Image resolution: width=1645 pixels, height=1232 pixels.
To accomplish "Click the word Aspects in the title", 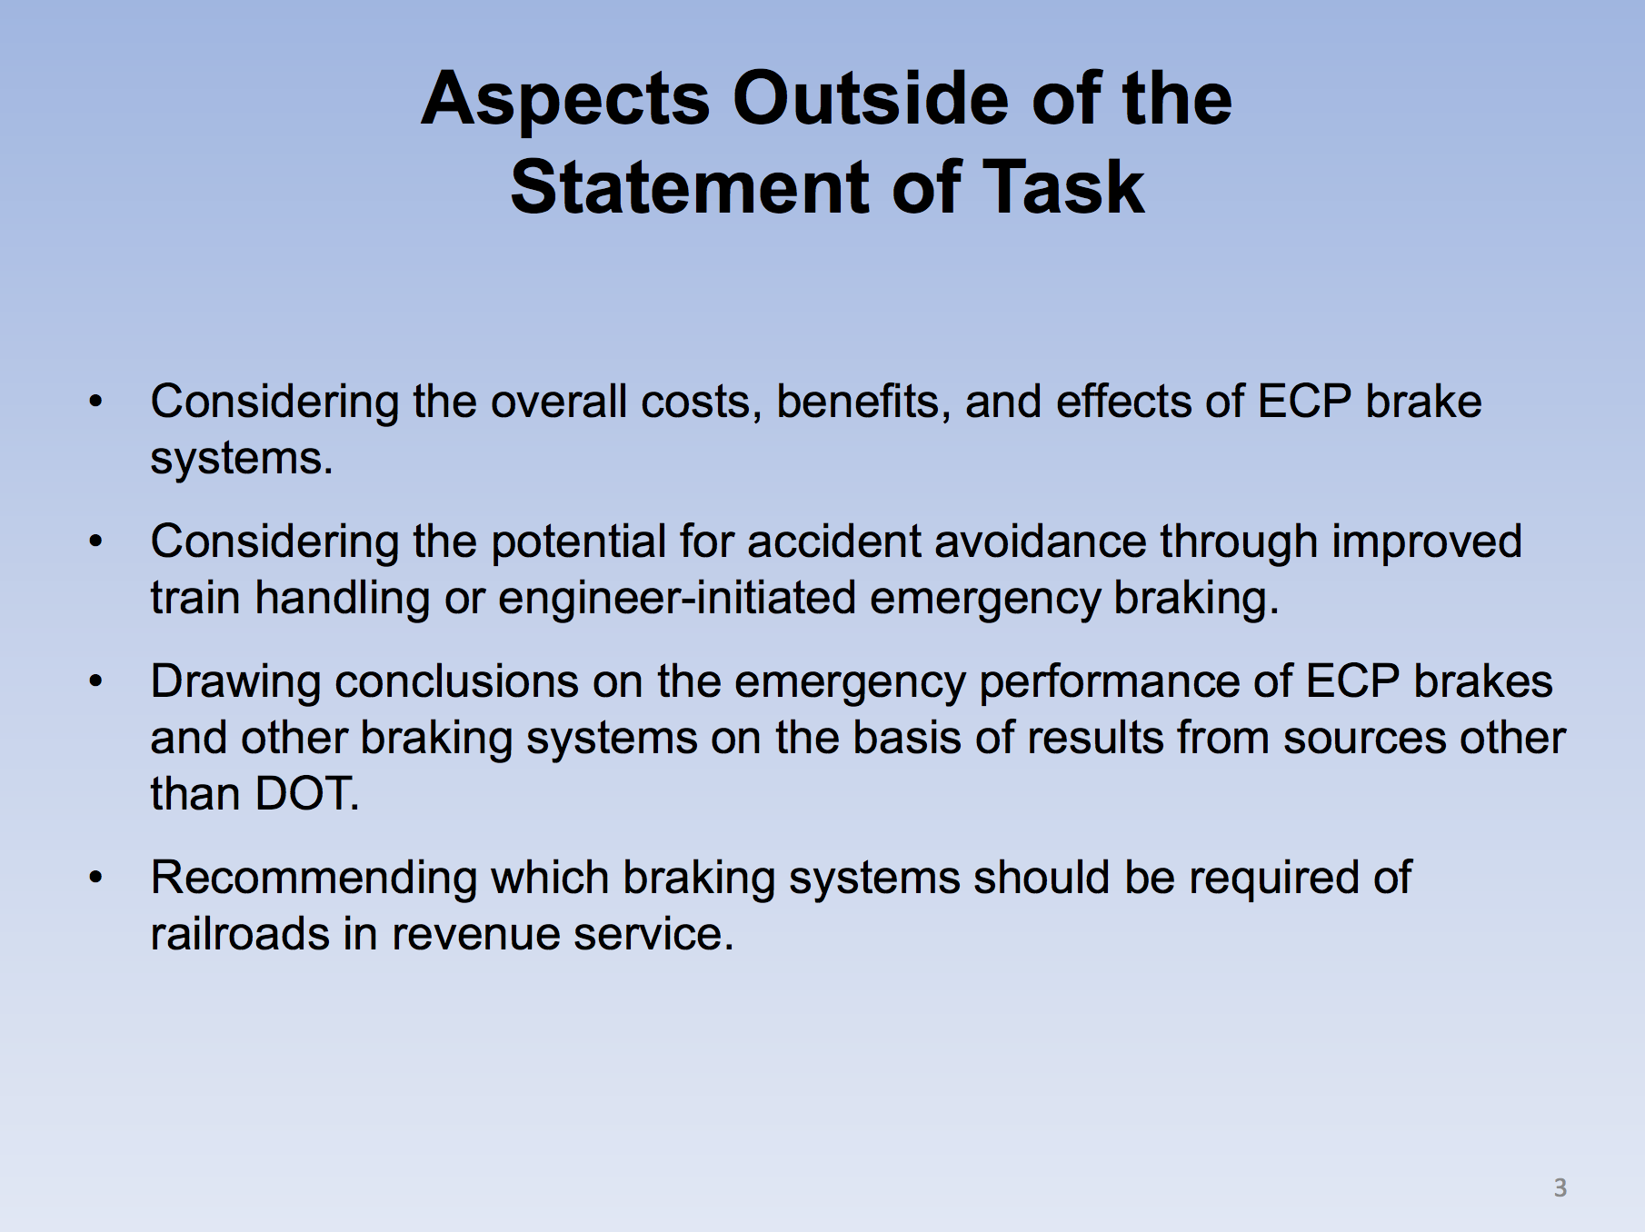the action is (565, 101).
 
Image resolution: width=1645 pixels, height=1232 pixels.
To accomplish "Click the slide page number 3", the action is (1560, 1187).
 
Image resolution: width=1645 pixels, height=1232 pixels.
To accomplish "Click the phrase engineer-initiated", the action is (677, 600).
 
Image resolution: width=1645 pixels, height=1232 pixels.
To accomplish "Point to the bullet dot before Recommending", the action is (96, 878).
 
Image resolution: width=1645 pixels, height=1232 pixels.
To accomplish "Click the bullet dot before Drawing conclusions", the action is (96, 681).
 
